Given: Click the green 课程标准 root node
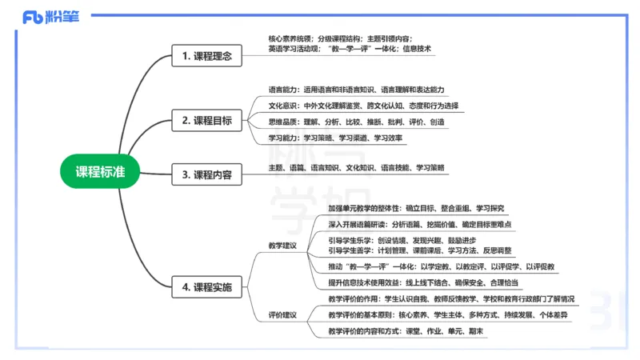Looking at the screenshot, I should click(100, 172).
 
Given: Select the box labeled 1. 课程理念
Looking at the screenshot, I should click(206, 56).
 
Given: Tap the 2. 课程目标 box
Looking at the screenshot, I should click(206, 121).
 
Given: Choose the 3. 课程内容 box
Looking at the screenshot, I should click(206, 174).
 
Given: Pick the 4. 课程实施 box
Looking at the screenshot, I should click(206, 286).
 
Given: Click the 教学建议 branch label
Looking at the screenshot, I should click(282, 245).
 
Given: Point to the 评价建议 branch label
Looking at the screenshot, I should click(282, 314).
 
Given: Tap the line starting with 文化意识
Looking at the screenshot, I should click(363, 106).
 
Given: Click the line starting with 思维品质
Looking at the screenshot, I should click(356, 122).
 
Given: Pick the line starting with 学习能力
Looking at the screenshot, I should click(337, 138).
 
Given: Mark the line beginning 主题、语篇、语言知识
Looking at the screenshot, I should click(356, 168).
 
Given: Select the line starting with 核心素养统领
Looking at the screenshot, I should click(340, 38).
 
